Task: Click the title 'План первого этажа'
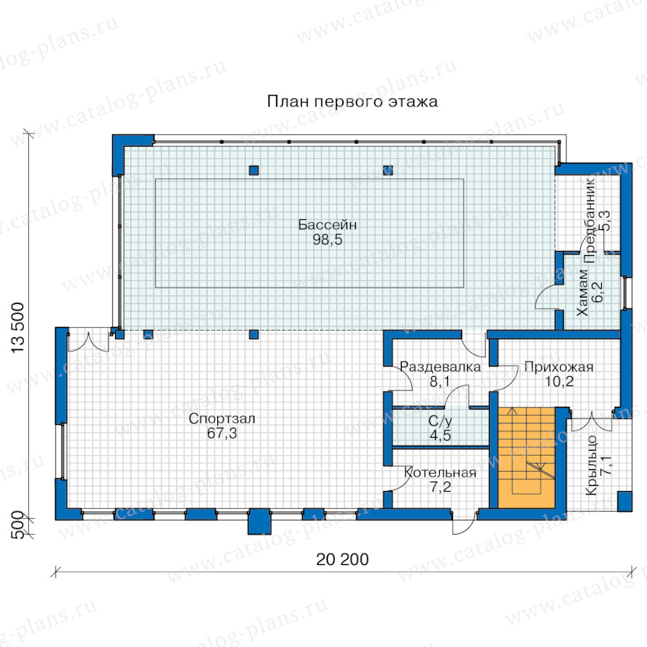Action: (x=352, y=101)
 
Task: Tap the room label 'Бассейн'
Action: (x=327, y=225)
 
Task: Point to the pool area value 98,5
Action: (x=327, y=239)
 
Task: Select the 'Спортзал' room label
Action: (x=222, y=419)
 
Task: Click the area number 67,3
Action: (x=222, y=433)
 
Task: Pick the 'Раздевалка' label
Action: (x=440, y=367)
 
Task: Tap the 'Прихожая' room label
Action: (x=559, y=367)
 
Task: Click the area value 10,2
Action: (x=559, y=382)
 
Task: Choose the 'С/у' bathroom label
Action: (x=440, y=421)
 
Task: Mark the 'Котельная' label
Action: (x=440, y=473)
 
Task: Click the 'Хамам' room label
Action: (x=582, y=293)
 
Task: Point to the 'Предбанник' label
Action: (x=589, y=220)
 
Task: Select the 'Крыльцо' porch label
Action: (x=592, y=465)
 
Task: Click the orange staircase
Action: (x=526, y=458)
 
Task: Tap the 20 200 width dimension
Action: (x=342, y=559)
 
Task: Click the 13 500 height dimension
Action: (x=18, y=328)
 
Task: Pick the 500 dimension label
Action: (x=17, y=525)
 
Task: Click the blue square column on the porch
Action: (x=624, y=501)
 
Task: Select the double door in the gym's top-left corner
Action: (x=88, y=340)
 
